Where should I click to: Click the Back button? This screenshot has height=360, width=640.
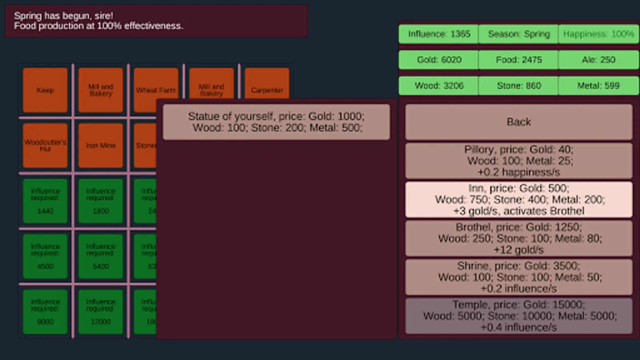518,122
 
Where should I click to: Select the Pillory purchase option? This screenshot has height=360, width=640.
518,160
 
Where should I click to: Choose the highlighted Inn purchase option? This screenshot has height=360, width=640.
518,199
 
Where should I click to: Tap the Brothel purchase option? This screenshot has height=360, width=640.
518,238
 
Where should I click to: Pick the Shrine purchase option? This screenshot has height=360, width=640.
518,277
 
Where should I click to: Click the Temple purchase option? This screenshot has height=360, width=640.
518,316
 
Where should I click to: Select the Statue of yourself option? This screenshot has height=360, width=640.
276,122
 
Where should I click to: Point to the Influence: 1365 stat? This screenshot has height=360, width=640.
439,34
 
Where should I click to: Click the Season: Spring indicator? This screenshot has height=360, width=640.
518,34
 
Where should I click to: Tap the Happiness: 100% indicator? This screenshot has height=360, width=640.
598,34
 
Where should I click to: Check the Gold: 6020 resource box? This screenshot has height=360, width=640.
439,60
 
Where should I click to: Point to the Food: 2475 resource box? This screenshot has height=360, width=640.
518,60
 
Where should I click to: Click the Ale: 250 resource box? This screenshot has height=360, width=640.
598,60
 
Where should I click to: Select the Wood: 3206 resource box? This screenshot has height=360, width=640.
439,86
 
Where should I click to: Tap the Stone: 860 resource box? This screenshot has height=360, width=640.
518,86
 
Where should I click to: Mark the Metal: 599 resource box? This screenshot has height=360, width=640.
598,86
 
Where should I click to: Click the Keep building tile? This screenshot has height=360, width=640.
45,90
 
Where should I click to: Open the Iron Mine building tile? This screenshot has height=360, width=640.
100,145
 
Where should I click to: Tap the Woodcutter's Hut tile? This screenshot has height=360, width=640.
45,145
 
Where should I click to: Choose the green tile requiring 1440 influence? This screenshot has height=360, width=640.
45,200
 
